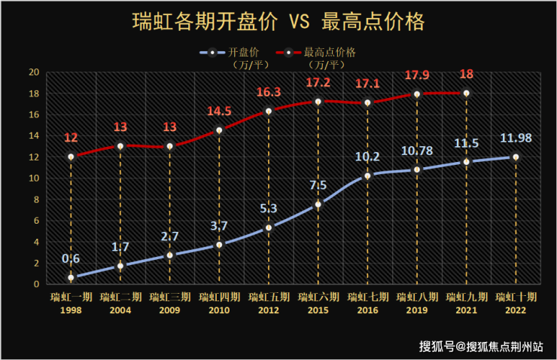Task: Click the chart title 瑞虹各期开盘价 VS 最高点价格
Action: (x=278, y=20)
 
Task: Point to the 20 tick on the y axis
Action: (x=34, y=72)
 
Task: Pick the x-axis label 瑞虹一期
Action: (x=71, y=297)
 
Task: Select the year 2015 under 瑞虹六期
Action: (x=318, y=309)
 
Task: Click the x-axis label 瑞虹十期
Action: (x=516, y=297)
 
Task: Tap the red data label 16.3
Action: (x=269, y=92)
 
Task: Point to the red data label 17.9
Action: (x=417, y=75)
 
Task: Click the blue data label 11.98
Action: (x=516, y=139)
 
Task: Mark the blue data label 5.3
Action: (x=269, y=209)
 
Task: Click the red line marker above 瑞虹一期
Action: (x=71, y=157)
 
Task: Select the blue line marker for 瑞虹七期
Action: (x=367, y=175)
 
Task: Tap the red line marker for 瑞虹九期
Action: (x=466, y=93)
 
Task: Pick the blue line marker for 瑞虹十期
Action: (x=516, y=157)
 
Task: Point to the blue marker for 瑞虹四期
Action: (x=219, y=245)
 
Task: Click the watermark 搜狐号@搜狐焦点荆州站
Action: (x=482, y=346)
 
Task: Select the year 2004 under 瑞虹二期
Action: (x=120, y=309)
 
